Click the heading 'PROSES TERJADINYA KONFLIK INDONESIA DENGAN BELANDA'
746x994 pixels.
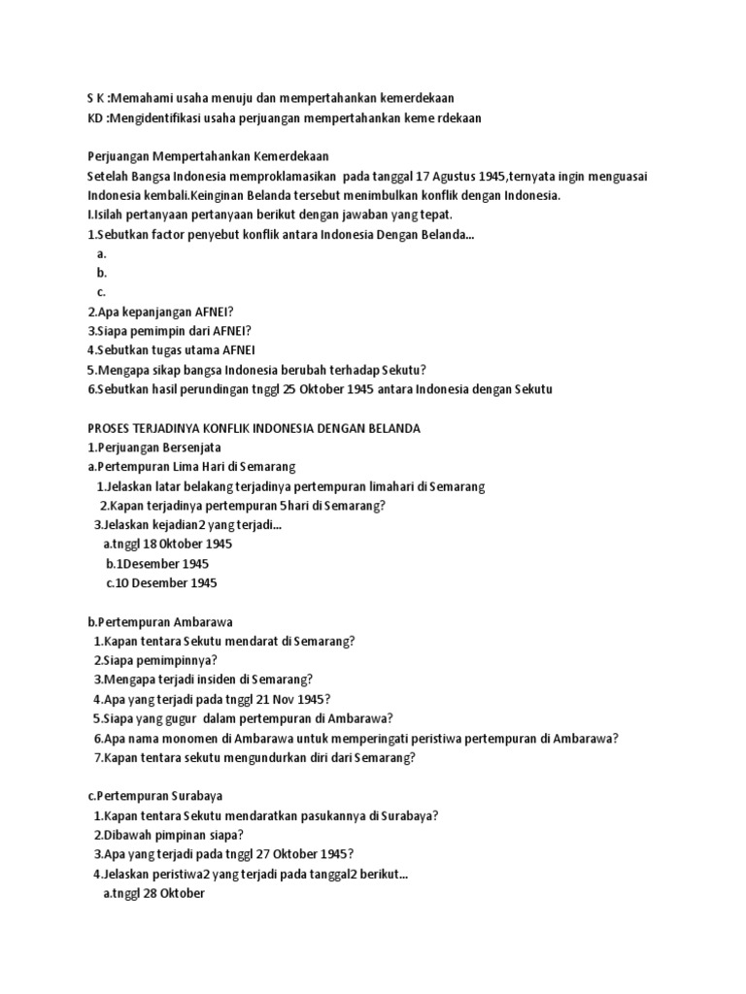click(x=254, y=428)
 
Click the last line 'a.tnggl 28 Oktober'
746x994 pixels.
click(x=153, y=893)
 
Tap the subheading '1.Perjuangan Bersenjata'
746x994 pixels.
click(x=154, y=447)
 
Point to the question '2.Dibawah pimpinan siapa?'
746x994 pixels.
click(x=168, y=835)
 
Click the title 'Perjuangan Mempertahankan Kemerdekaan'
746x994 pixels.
click(x=208, y=156)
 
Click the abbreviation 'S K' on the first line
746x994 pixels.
click(x=96, y=98)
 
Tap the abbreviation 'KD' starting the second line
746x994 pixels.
click(x=96, y=117)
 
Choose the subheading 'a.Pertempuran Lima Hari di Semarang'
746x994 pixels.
click(x=190, y=467)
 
